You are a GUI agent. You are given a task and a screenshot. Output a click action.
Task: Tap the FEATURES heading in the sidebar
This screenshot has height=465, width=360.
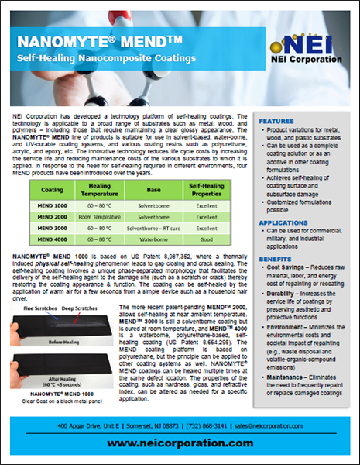pyautogui.click(x=277, y=122)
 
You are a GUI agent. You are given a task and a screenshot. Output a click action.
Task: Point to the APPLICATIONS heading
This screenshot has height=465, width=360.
pyautogui.click(x=284, y=222)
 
